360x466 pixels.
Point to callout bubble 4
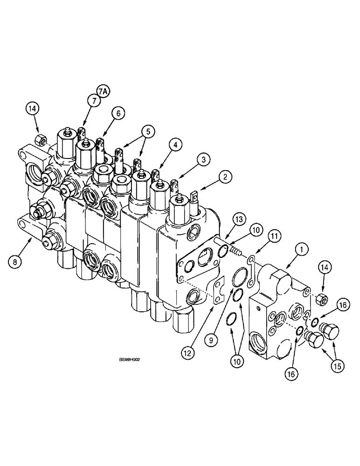pyautogui.click(x=175, y=145)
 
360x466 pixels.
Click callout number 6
pyautogui.click(x=118, y=113)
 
